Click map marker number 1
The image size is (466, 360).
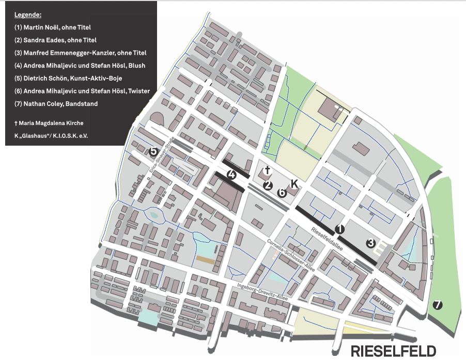pos(339,228)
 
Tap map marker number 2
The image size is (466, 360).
pos(268,185)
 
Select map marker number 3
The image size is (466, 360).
pos(370,243)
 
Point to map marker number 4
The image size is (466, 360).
pos(232,175)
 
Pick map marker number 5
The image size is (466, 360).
pos(153,151)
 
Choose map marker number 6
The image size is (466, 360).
pos(282,192)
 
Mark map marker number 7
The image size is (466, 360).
pos(438,305)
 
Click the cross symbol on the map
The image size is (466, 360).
pos(267,170)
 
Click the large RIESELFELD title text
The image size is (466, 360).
pos(394,350)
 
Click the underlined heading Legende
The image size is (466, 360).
pos(27,14)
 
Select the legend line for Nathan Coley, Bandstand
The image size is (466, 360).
pos(56,103)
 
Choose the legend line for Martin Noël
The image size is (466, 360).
pos(53,27)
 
